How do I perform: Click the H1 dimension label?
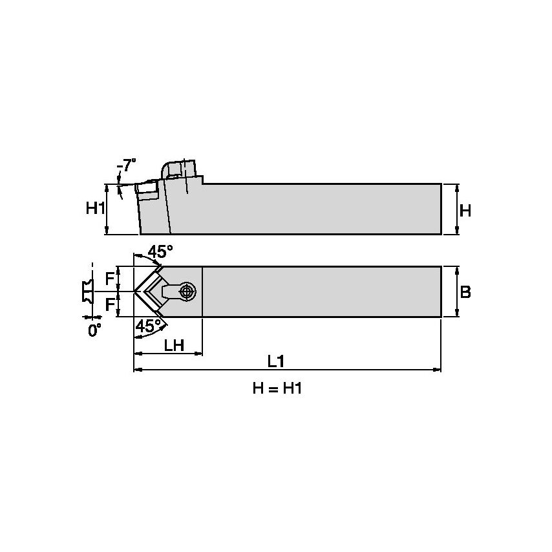point(96,209)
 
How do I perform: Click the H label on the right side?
point(465,210)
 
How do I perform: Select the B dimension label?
point(465,292)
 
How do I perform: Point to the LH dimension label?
point(174,345)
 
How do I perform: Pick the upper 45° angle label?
point(160,251)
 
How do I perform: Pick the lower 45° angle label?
point(149,327)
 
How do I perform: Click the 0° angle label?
point(94,330)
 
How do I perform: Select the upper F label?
point(111,279)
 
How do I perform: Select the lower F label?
point(111,304)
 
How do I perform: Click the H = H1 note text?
point(277,389)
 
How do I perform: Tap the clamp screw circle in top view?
point(187,292)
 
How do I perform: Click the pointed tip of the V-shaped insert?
point(135,292)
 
